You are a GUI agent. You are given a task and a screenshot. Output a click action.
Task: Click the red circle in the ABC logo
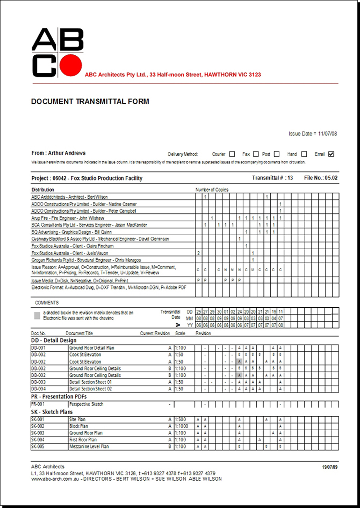(71, 65)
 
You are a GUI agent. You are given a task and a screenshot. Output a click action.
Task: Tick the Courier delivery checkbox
(232, 154)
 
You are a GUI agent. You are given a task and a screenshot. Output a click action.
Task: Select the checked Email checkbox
(331, 154)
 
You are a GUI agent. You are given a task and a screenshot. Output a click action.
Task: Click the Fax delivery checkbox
(256, 154)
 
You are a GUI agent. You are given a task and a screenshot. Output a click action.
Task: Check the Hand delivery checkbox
(304, 154)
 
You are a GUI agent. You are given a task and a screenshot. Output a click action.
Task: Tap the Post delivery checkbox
(276, 154)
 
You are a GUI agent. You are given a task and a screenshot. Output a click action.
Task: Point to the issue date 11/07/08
(327, 133)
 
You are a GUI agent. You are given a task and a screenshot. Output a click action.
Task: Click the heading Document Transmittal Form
(90, 101)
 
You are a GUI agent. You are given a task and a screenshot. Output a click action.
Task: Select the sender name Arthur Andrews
(67, 153)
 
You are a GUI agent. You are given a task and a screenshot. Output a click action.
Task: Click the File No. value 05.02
(331, 178)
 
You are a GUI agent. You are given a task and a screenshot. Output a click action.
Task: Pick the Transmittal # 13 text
(273, 178)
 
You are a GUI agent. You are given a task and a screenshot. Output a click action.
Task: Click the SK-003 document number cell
(38, 433)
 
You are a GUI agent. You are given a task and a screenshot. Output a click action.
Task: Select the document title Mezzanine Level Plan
(89, 446)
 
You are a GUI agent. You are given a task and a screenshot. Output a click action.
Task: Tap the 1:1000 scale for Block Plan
(181, 426)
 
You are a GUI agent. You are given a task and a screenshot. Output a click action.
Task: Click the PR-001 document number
(38, 404)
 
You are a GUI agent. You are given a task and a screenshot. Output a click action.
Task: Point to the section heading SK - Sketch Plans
(52, 412)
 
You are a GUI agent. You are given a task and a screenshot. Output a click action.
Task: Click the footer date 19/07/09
(330, 467)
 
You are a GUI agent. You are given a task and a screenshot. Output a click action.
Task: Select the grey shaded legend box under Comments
(37, 316)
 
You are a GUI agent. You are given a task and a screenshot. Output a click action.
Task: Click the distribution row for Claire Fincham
(72, 246)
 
